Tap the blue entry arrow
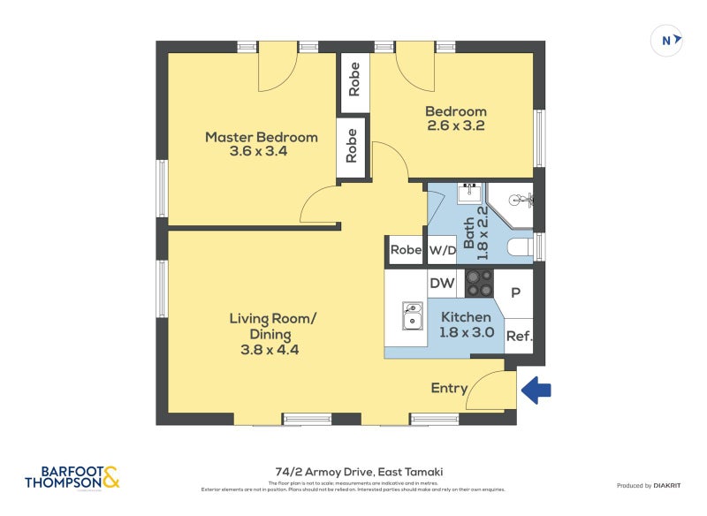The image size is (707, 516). pos(536,390)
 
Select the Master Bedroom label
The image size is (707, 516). pos(261,144)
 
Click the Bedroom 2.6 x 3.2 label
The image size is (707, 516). pos(455,118)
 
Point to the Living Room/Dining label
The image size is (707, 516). pos(272,333)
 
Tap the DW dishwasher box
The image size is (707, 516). pos(441,284)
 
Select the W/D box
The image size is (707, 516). pos(442,250)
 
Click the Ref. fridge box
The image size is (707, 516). pos(518,336)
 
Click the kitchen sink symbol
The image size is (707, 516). pos(412,315)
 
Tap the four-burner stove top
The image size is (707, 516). pos(480,283)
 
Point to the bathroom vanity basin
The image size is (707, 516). pos(468,193)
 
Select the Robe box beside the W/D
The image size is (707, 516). pos(406,250)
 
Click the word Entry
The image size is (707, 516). pos(449,388)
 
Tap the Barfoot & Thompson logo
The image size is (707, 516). pos(72,478)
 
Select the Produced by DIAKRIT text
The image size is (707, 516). pos(650,486)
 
